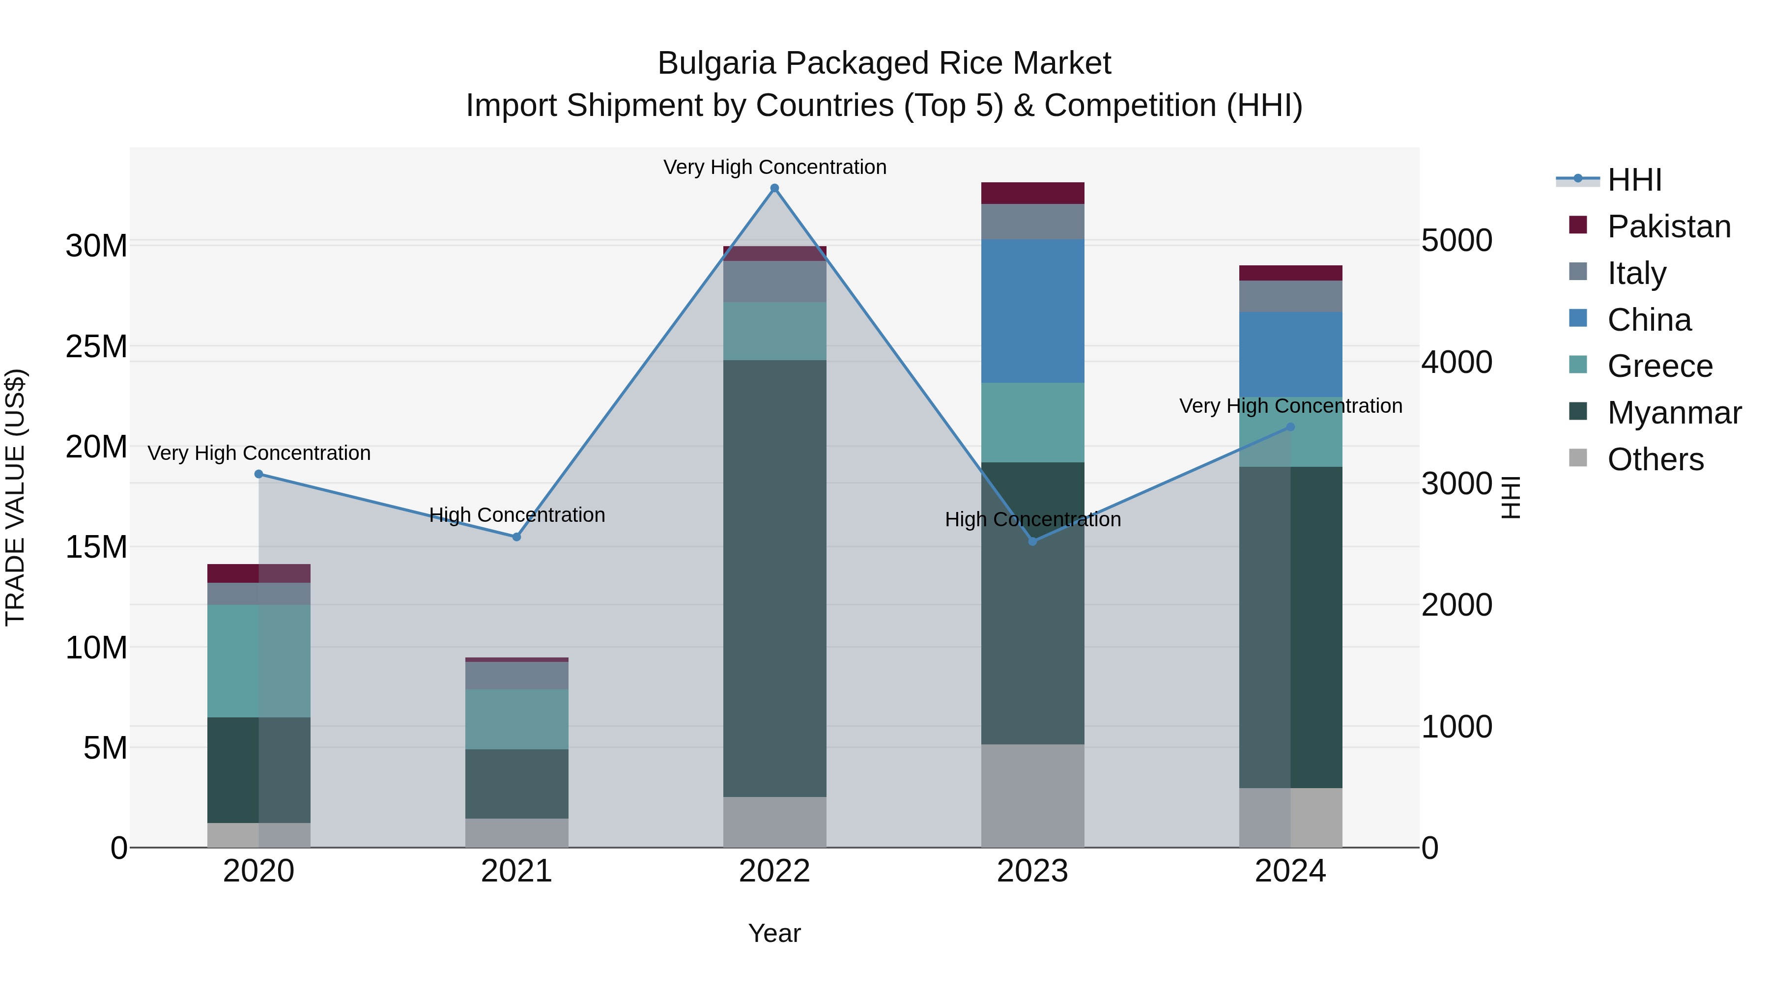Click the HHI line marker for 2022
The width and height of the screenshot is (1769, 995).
[774, 188]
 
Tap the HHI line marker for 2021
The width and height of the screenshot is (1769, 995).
[516, 537]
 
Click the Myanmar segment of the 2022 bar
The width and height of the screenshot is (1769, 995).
[774, 578]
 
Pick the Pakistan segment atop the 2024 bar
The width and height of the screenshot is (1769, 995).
[1290, 273]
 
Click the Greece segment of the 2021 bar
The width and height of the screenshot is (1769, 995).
[516, 719]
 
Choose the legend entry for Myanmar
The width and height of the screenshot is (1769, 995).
[1674, 413]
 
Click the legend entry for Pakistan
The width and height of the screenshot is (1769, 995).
[1668, 227]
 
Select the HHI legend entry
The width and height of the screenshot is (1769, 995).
[1634, 180]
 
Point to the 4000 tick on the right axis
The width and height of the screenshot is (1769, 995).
[1456, 363]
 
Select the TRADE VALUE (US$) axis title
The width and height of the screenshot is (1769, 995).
[15, 497]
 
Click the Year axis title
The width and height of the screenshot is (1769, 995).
[774, 933]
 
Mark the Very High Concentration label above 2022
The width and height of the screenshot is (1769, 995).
[774, 167]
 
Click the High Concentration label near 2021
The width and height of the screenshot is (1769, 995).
[516, 514]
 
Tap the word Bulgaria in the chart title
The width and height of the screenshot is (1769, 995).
[717, 63]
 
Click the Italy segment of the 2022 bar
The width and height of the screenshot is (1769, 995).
[774, 281]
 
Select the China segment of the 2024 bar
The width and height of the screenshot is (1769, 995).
[1290, 354]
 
